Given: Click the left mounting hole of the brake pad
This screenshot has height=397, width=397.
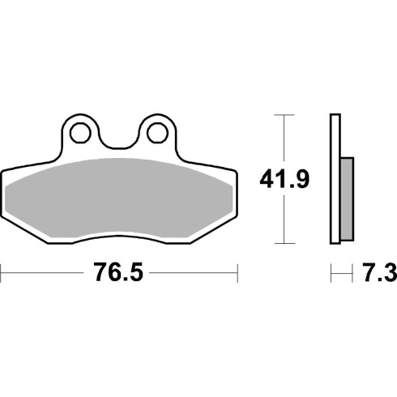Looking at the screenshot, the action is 80,133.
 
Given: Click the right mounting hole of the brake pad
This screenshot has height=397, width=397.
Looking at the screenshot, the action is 157,133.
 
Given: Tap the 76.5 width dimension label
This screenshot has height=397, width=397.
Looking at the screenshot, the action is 118,273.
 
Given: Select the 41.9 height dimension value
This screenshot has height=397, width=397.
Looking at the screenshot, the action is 284,179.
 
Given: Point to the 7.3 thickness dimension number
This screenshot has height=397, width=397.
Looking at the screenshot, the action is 379,273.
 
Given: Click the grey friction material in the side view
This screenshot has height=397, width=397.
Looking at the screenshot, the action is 347,199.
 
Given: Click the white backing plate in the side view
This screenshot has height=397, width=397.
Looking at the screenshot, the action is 335,179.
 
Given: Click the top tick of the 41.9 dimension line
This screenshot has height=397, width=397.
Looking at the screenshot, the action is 284,115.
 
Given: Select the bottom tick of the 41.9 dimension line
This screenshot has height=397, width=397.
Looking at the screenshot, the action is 284,243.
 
